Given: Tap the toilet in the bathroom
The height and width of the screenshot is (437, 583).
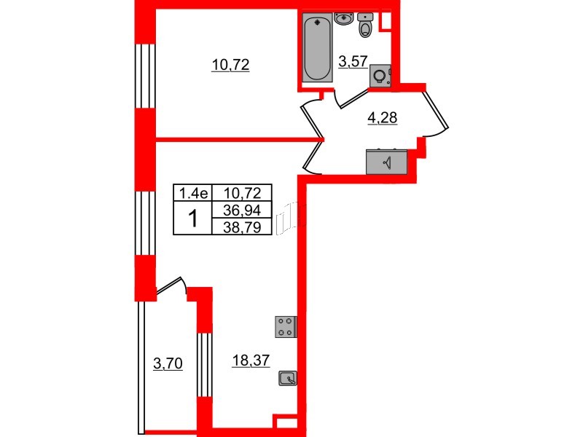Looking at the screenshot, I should (x=366, y=25).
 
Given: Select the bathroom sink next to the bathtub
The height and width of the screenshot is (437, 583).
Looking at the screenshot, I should (x=343, y=18).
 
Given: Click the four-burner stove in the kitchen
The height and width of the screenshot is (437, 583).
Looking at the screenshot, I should (x=285, y=326).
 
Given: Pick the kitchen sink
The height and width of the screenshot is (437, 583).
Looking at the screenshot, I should (x=288, y=378).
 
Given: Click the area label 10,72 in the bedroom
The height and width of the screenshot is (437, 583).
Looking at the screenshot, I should (x=230, y=65).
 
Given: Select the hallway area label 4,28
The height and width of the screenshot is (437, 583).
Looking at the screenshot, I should (x=381, y=117).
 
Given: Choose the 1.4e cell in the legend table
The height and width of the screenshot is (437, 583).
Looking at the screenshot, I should (x=191, y=194).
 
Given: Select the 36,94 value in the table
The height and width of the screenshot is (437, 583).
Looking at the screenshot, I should (x=241, y=210).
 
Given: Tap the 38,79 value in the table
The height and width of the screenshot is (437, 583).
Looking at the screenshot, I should (x=241, y=227).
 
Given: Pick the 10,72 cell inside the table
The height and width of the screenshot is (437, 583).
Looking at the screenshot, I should (x=241, y=194).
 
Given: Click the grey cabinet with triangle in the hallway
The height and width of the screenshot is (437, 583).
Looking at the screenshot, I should (x=387, y=162).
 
